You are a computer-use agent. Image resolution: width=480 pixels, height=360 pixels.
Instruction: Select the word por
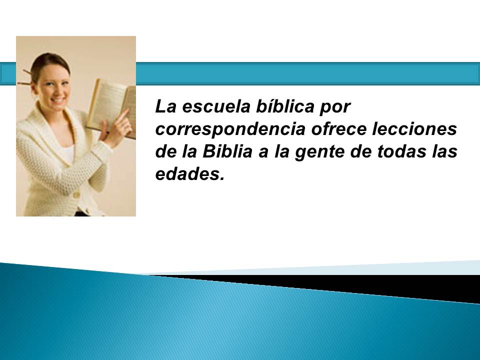tap(335, 108)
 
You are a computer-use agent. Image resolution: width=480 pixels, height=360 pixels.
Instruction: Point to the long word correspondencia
tap(230, 129)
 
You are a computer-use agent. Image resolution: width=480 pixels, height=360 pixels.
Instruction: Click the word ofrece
tap(338, 129)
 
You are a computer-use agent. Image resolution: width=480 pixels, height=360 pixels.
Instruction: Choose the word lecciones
tap(414, 129)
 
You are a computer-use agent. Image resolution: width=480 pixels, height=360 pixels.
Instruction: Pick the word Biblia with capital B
tap(227, 151)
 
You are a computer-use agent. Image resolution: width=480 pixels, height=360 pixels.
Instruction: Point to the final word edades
tap(190, 174)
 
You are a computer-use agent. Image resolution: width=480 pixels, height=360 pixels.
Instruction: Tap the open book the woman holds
tap(111, 107)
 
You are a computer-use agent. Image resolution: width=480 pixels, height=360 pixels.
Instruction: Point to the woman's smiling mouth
tap(58, 100)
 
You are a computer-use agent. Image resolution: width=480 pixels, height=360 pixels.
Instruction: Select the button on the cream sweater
tap(76, 194)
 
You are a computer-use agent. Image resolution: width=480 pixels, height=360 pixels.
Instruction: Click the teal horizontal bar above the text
tap(307, 74)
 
